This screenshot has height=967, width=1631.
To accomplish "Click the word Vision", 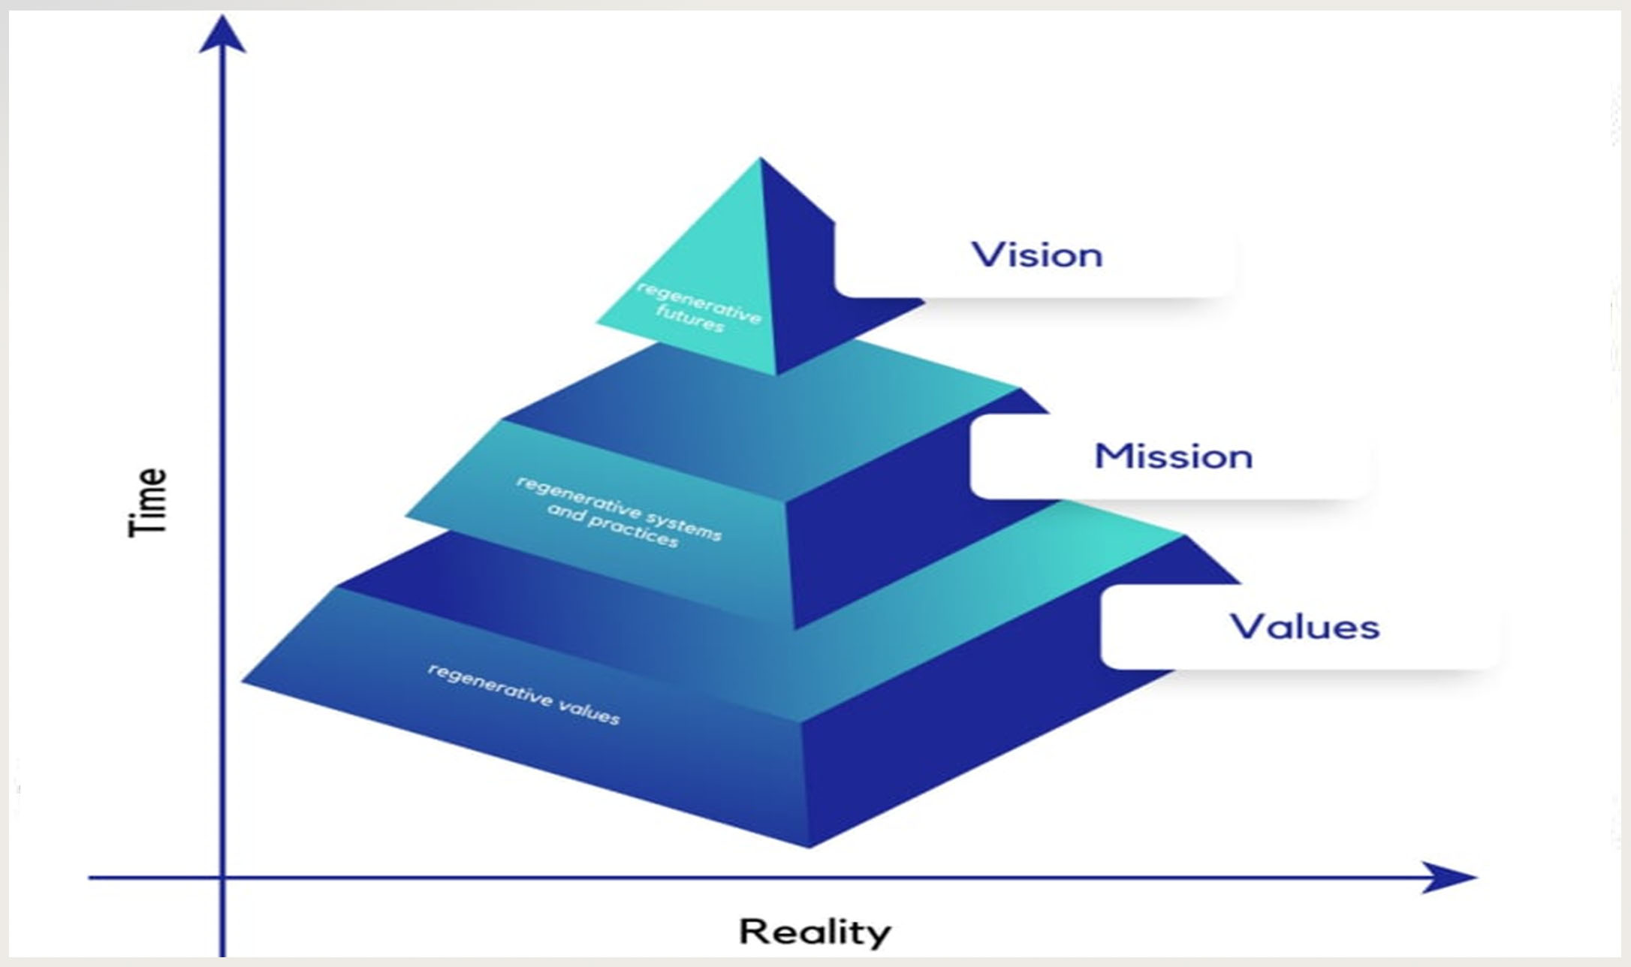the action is (x=1037, y=255).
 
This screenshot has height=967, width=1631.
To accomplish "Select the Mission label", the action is (x=1173, y=456).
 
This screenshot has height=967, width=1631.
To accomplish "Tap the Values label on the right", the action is (x=1304, y=627).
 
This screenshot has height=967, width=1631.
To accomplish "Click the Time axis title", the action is (x=148, y=502).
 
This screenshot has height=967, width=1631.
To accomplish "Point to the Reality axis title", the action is (x=815, y=932).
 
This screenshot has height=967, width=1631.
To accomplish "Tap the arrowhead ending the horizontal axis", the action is (x=1449, y=877).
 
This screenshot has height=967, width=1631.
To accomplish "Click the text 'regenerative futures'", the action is (x=698, y=309).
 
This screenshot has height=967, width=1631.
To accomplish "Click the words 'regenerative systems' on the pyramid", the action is (x=620, y=508).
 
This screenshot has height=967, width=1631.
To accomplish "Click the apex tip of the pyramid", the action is (x=760, y=157).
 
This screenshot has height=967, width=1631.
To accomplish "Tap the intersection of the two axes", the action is (x=222, y=877).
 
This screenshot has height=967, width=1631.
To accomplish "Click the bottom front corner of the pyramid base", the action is (x=809, y=848).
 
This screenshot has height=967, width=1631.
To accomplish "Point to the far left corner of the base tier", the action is (x=242, y=681).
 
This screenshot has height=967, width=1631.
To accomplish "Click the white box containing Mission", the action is (x=1171, y=456).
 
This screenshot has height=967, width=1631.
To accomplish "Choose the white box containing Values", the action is (x=1299, y=628).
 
